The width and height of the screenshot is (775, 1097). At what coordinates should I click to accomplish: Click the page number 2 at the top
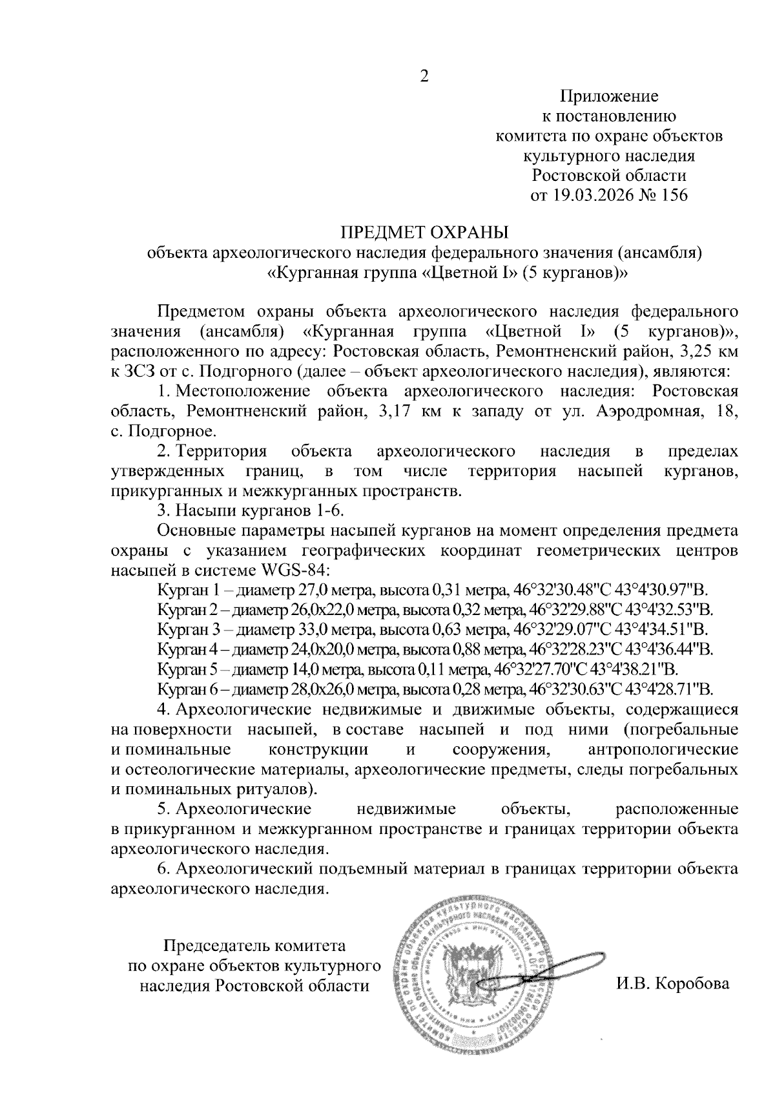[424, 76]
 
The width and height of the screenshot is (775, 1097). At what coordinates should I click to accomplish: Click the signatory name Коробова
[692, 985]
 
